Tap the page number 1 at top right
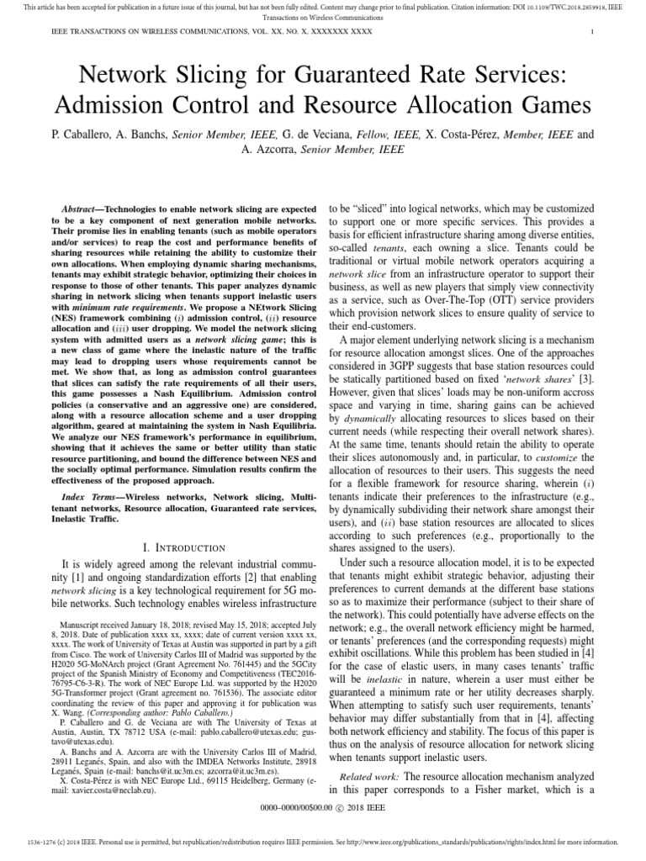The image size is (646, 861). [x=594, y=32]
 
